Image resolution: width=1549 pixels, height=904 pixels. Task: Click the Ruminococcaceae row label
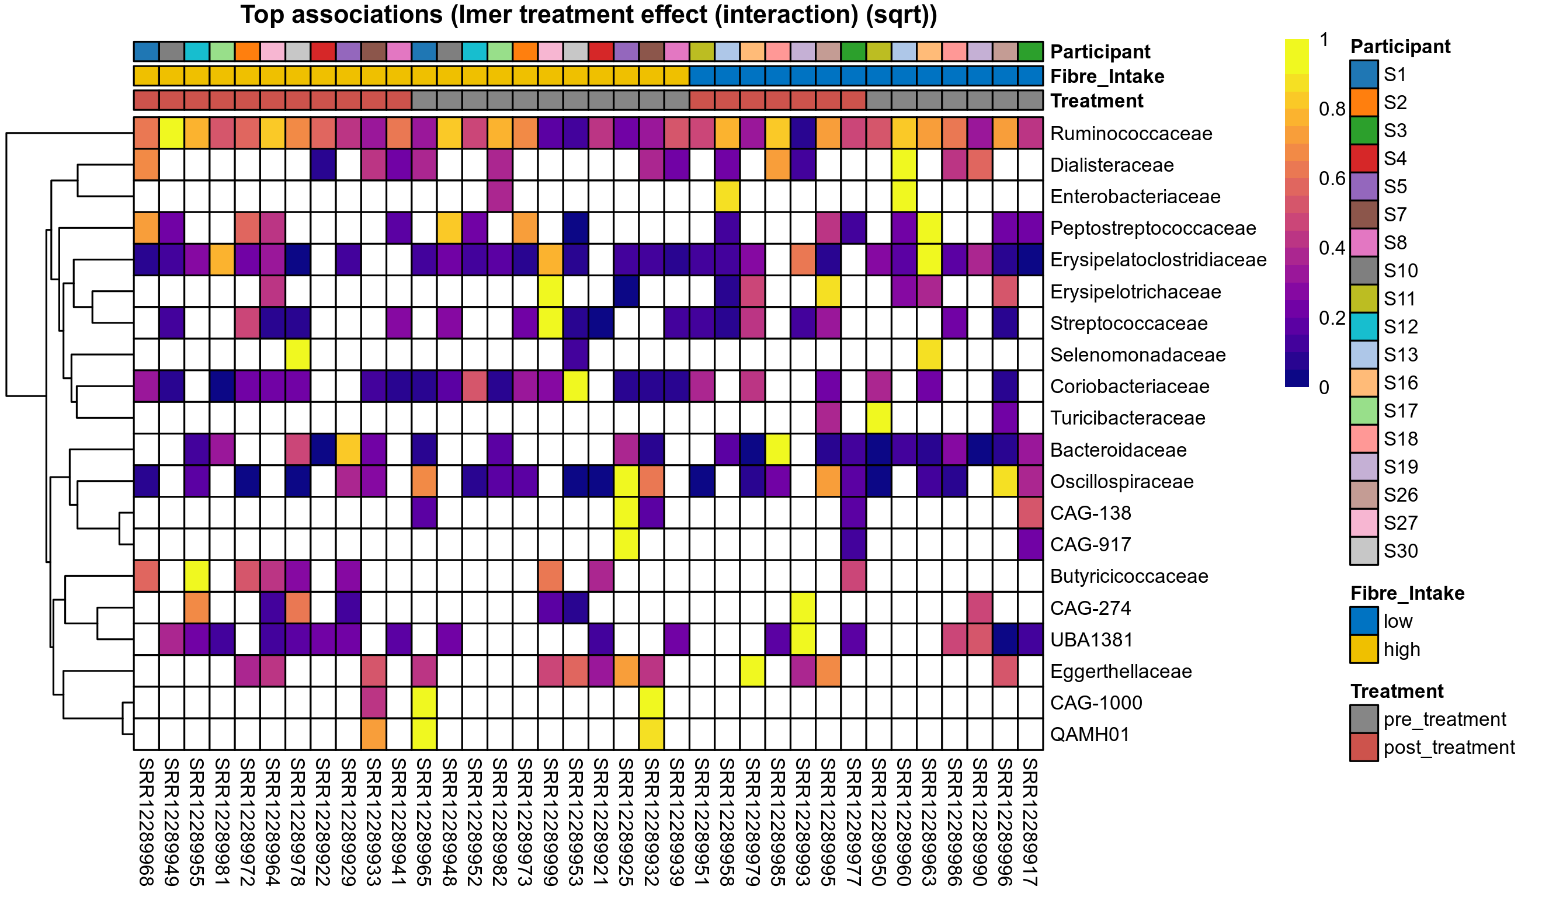(x=1131, y=133)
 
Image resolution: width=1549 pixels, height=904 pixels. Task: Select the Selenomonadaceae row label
(x=1138, y=354)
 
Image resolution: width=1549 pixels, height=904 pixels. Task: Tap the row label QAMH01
(x=1090, y=734)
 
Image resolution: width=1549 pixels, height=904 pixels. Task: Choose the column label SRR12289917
(x=1030, y=822)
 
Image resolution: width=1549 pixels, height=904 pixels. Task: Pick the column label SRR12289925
(x=626, y=822)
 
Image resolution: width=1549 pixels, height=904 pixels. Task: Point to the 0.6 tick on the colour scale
(x=1332, y=179)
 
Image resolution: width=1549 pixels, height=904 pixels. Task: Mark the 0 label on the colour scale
(x=1324, y=388)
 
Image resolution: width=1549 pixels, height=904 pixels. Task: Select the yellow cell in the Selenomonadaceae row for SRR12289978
(x=297, y=354)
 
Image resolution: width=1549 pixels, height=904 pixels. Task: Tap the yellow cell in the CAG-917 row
(x=626, y=544)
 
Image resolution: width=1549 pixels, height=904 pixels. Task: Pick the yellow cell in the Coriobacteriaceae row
(x=575, y=387)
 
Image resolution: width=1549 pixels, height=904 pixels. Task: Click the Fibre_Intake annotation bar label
(x=1107, y=76)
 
